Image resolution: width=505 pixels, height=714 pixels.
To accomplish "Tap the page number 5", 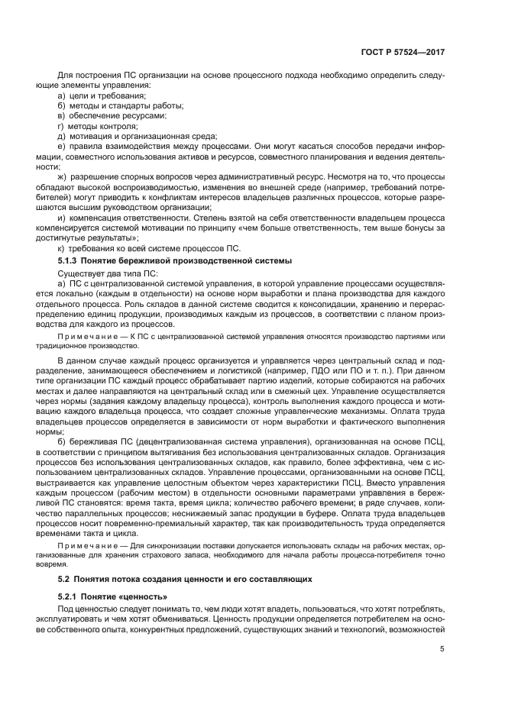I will (442, 650).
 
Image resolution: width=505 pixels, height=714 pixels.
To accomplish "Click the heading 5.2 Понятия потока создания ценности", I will (184, 580).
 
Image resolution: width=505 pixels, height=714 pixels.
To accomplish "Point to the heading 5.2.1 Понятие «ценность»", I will (112, 595).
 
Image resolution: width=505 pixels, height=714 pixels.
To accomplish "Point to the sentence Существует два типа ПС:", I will (103, 273).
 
